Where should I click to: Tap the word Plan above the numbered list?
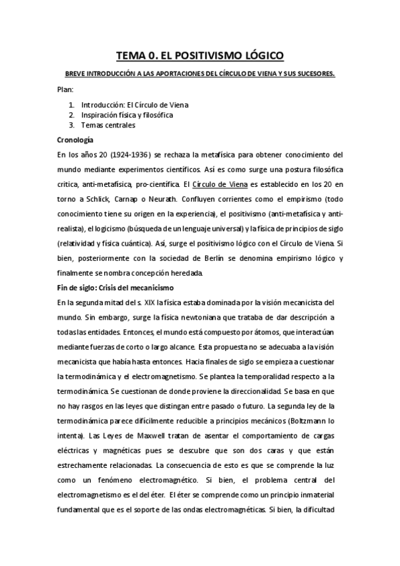point(65,89)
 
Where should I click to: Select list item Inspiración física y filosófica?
point(128,115)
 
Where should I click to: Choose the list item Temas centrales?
point(108,125)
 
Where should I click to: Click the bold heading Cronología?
point(75,139)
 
